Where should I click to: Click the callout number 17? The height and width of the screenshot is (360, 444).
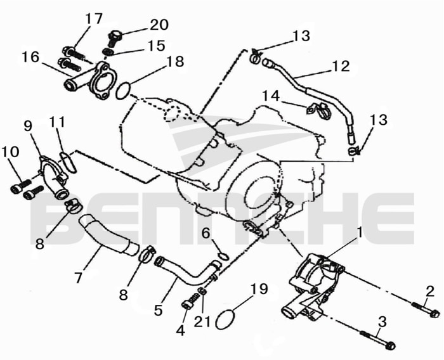pos(93,19)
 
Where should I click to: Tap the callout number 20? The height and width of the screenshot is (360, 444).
pos(159,25)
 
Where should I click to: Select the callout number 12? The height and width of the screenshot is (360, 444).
pos(341,65)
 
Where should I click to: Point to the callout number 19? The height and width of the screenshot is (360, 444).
pos(258,290)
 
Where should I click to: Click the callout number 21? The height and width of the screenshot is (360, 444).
pos(202,322)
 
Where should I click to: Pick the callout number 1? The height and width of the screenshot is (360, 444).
pos(359,233)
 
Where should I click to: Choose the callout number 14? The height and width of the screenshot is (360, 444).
pos(271,96)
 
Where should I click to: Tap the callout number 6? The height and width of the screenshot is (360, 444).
pos(206,234)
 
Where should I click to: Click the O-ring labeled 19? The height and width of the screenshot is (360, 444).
pos(228,318)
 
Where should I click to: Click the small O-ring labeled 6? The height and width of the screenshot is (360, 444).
pos(222,256)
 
